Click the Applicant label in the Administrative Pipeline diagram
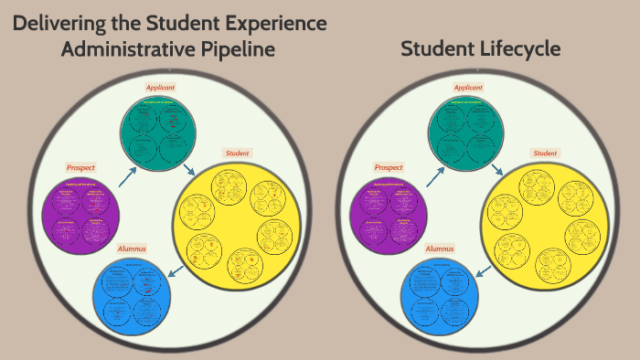pos(160,87)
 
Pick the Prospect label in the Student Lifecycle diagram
pos(389,167)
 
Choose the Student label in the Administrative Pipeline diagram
pos(238,153)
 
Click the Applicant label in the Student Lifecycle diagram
pos(467,87)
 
